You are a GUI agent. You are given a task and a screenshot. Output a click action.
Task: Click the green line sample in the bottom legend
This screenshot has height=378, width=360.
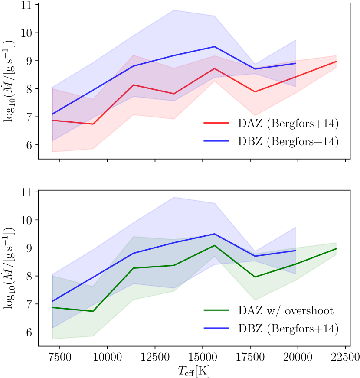point(216,310)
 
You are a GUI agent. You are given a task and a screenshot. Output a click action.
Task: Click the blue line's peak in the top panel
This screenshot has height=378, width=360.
point(214,47)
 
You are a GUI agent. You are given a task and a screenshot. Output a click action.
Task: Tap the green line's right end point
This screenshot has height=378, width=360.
point(336,249)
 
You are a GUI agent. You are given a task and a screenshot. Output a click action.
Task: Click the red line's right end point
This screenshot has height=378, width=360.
point(336,62)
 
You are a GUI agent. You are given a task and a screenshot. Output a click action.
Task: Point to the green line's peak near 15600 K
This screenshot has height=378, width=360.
point(214,245)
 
